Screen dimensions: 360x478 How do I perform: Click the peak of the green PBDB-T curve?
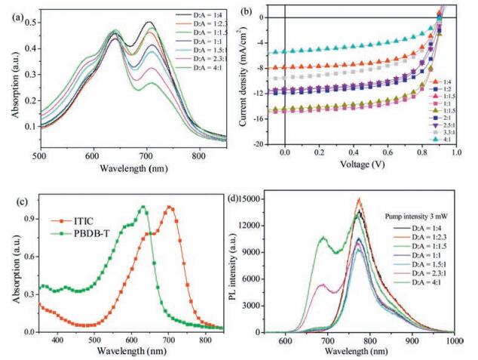142,207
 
